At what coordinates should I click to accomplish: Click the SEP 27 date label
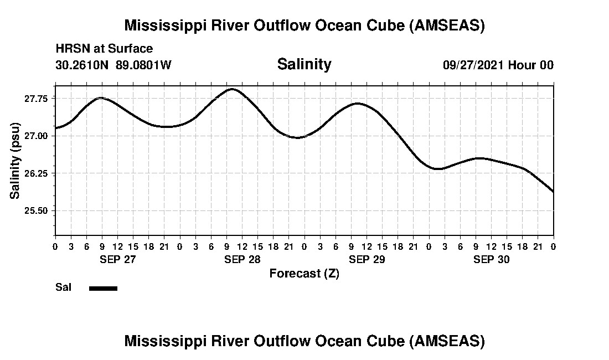(x=117, y=259)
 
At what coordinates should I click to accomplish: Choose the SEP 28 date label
(x=242, y=259)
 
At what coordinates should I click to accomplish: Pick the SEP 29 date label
(x=367, y=259)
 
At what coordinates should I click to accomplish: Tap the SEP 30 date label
(x=491, y=259)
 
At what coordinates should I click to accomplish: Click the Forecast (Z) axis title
(x=304, y=274)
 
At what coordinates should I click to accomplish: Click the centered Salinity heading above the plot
(x=304, y=64)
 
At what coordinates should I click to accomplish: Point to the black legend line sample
(x=103, y=288)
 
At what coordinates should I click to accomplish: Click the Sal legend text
(x=63, y=287)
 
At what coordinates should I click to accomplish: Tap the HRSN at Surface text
(x=104, y=49)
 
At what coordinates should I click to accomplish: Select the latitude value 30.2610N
(x=83, y=65)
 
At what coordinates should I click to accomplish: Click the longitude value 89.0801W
(x=144, y=65)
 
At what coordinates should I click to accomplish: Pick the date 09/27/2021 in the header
(x=474, y=65)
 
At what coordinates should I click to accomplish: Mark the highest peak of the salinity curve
(x=232, y=89)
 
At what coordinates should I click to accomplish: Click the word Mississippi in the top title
(x=166, y=25)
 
